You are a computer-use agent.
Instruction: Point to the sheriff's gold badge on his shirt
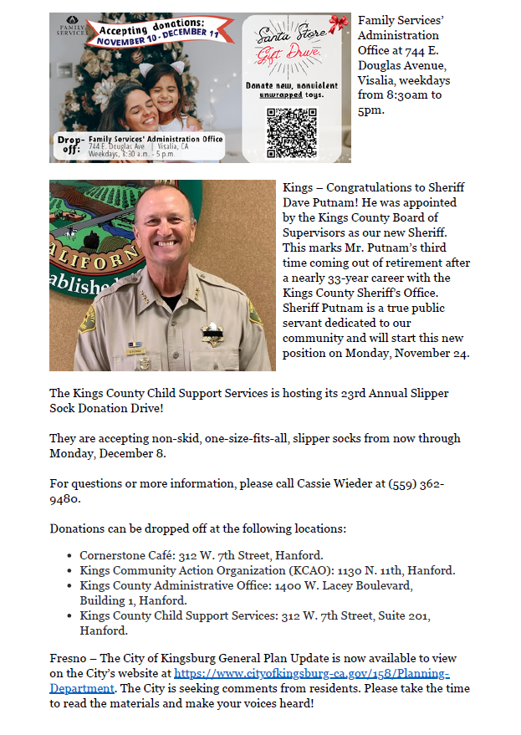coord(212,334)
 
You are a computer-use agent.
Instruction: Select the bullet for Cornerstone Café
coord(69,555)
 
